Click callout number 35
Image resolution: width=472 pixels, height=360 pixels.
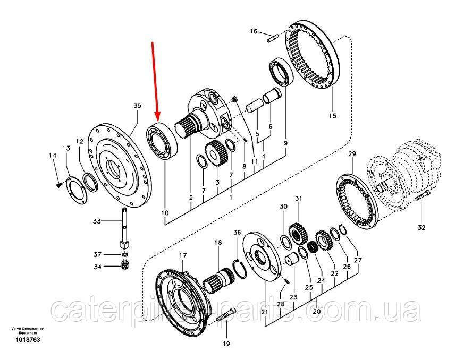tap(137, 106)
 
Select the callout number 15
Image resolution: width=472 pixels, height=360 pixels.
tap(333, 116)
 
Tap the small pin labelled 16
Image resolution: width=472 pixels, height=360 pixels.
tap(272, 38)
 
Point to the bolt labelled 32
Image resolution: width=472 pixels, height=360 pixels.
tap(423, 196)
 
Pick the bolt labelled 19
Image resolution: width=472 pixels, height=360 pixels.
tap(225, 315)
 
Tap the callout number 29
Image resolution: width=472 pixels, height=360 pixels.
tap(352, 153)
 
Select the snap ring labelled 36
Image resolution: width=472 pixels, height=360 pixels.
tap(240, 268)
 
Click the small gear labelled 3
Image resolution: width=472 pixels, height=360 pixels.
tap(215, 153)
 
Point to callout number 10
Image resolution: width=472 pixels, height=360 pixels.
tap(165, 213)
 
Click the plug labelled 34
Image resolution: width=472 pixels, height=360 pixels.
tap(124, 264)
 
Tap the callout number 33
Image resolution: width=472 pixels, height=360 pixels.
tap(97, 221)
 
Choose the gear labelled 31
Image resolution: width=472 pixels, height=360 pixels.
tap(298, 235)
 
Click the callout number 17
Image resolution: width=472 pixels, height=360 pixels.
tap(183, 255)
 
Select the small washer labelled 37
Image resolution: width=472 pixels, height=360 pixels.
tap(125, 255)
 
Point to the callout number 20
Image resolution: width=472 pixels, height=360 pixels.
tap(317, 311)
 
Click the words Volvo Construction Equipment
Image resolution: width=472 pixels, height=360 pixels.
tap(28, 331)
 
